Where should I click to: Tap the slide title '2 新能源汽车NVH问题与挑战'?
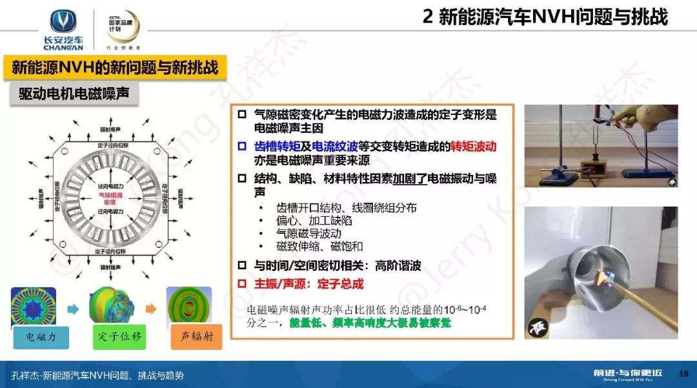coord(545,17)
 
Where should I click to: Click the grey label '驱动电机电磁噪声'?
coord(74,94)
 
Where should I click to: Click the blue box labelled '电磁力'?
coord(41,336)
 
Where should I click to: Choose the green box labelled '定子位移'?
coord(119,336)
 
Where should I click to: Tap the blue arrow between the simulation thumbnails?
coord(72,309)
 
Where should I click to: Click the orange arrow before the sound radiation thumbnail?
coord(150,309)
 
